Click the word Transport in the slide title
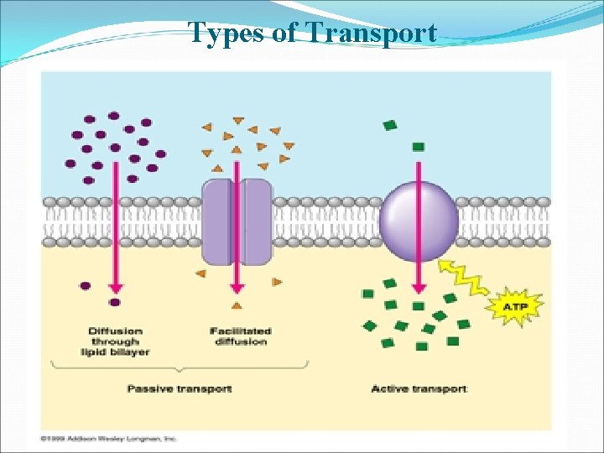(x=372, y=33)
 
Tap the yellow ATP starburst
(x=513, y=308)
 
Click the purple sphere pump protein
(x=419, y=221)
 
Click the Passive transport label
(x=179, y=388)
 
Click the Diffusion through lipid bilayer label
(x=115, y=341)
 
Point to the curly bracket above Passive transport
(x=180, y=367)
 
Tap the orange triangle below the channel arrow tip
(x=237, y=305)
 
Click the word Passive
(x=148, y=388)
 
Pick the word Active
(x=389, y=388)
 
